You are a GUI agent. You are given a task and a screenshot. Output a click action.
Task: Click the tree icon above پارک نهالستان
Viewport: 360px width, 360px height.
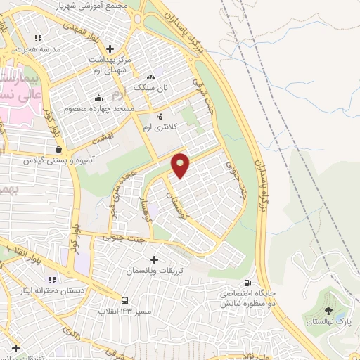328,310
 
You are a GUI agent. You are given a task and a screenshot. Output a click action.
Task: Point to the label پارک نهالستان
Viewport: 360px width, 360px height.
328,321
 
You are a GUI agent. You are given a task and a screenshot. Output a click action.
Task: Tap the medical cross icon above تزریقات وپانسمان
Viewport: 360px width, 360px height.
154,259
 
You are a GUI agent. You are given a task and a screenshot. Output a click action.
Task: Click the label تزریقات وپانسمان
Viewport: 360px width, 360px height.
153,271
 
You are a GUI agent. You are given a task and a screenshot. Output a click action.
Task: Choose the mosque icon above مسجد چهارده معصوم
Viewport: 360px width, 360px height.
98,98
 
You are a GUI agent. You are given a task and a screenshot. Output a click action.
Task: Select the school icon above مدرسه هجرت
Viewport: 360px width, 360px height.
38,38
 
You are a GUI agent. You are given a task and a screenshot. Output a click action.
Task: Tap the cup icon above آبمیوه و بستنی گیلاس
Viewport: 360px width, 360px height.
58,149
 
